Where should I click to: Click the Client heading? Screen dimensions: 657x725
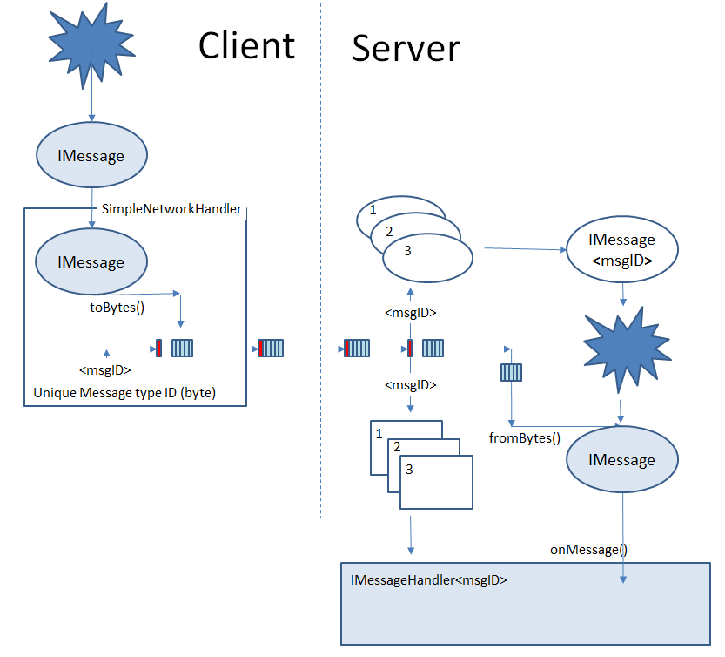[x=246, y=45]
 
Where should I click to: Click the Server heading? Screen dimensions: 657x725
[x=406, y=49]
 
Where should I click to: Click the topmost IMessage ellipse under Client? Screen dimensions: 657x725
[x=91, y=157]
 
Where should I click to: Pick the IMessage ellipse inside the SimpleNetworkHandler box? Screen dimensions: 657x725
[x=91, y=262]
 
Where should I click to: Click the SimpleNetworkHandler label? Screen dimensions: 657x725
[x=171, y=209]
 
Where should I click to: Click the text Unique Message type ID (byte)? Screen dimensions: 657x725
[x=124, y=393]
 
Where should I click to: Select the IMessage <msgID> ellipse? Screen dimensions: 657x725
[x=621, y=248]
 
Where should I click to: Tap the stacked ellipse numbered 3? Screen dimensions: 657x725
[x=427, y=257]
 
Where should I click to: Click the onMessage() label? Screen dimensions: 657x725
[x=588, y=550]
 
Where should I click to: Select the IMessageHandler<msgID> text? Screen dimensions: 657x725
[x=428, y=579]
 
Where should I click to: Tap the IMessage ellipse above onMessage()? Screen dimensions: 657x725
[x=622, y=459]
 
